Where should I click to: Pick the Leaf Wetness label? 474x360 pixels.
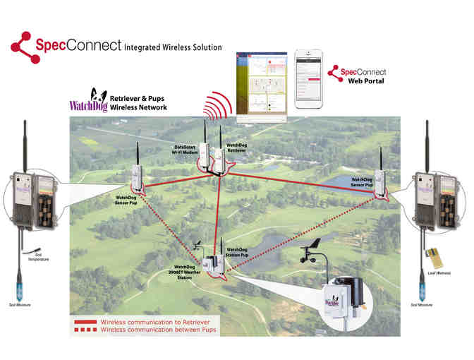(439, 272)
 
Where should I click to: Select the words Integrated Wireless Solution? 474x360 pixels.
(173, 48)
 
